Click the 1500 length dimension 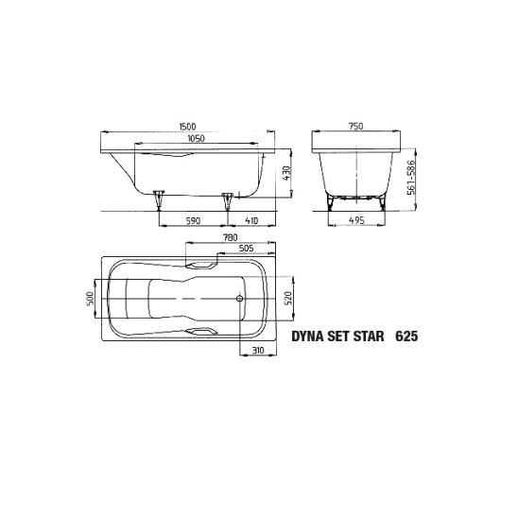point(188,127)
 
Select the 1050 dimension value point(197,138)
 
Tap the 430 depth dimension point(287,173)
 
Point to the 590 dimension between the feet point(193,220)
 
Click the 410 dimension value point(251,220)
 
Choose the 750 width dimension point(355,127)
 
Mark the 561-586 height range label point(411,178)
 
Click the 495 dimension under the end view point(357,220)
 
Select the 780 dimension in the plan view point(231,237)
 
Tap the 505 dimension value point(247,248)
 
